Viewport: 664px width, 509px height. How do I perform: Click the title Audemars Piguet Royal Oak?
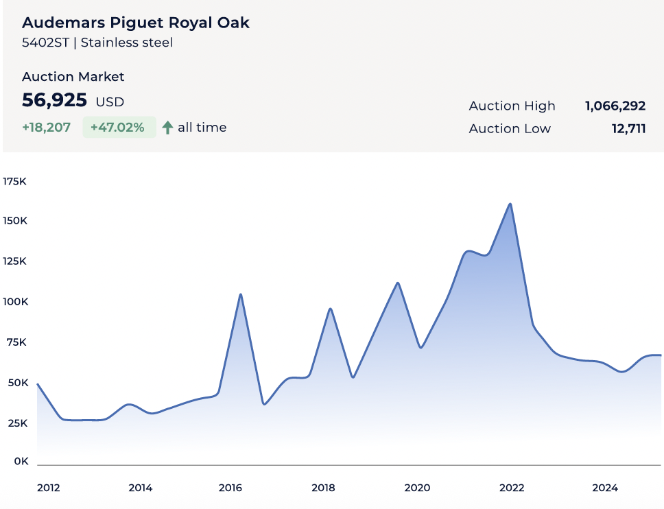(136, 23)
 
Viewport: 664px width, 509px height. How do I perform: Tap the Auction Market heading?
(73, 77)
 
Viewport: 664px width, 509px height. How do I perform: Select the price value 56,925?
(55, 100)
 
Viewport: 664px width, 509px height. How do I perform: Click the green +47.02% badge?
(119, 128)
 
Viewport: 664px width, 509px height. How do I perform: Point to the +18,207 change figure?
(46, 128)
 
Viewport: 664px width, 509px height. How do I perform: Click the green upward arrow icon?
(167, 128)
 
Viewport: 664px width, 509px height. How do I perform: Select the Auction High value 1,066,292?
(615, 106)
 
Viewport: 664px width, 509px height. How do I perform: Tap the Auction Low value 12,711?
(628, 128)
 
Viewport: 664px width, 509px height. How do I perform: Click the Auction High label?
(512, 106)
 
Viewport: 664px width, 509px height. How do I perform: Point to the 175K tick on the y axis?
(14, 182)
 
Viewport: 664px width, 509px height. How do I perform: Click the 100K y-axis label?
(14, 302)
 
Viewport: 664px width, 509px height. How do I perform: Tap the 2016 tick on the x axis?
(230, 488)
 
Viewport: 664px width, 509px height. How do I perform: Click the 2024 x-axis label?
(605, 488)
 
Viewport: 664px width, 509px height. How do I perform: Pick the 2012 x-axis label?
(49, 488)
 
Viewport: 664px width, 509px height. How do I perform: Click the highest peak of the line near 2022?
(510, 204)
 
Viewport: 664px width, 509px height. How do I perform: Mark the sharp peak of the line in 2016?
(241, 294)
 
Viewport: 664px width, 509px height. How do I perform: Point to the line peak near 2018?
(331, 309)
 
